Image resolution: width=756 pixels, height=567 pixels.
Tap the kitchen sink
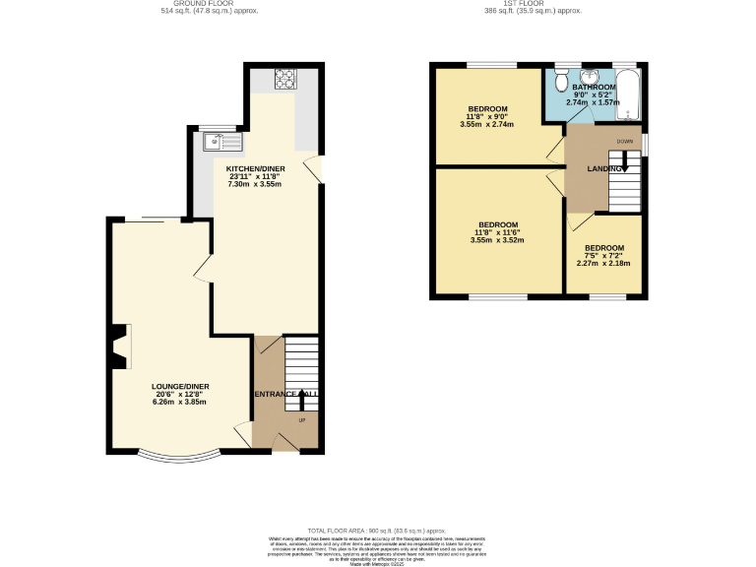[x=221, y=142]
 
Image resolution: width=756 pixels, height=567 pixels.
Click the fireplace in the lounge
[x=118, y=346]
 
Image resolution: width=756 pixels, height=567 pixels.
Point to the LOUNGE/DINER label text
[x=180, y=386]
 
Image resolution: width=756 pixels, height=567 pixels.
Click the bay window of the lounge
[x=178, y=457]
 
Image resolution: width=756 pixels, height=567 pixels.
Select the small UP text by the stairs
[x=301, y=421]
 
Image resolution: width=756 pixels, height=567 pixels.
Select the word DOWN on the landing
[x=625, y=142]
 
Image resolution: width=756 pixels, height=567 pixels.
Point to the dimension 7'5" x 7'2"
[x=603, y=256]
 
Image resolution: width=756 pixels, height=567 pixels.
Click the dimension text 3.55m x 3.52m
[x=495, y=240]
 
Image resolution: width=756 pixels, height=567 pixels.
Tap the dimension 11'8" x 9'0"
[x=487, y=116]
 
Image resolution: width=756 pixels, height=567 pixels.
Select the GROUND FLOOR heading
[x=189, y=4]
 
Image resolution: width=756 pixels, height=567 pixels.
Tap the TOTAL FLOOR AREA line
[x=377, y=530]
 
